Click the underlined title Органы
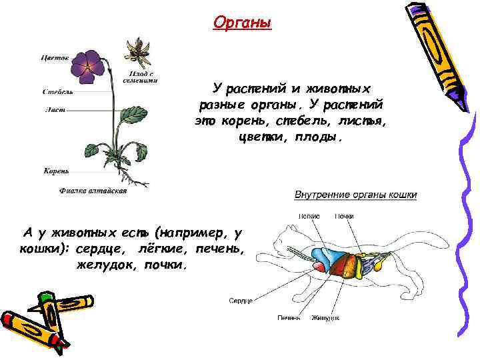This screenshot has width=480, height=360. coord(243,23)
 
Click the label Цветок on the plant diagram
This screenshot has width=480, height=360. coord(55,57)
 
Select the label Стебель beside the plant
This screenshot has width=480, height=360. coord(57,92)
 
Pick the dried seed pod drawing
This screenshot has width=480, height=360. coord(139,50)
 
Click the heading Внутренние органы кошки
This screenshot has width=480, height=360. coord(355,195)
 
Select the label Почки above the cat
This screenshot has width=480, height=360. coord(345,216)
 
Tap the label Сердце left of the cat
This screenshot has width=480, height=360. coord(241,301)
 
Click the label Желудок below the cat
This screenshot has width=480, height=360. coord(325,318)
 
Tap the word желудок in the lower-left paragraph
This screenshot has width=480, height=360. coord(107,264)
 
